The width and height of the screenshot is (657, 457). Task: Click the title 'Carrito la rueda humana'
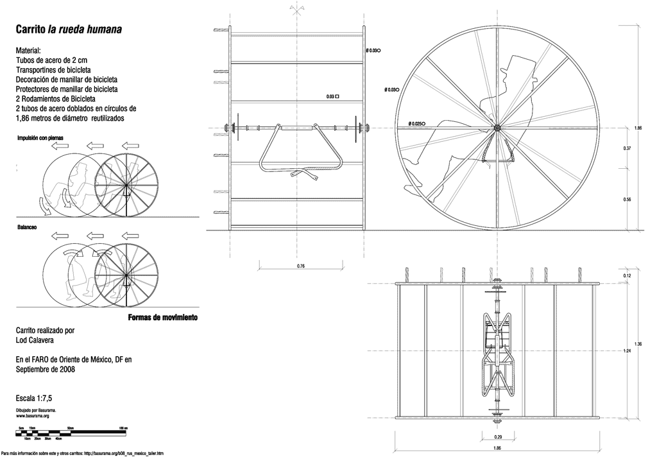69,30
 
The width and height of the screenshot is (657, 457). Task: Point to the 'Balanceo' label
26,227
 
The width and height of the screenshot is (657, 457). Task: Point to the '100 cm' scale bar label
123,427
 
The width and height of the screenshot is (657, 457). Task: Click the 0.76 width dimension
300,266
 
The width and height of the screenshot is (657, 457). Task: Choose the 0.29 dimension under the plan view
497,436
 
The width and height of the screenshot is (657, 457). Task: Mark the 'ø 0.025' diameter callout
416,123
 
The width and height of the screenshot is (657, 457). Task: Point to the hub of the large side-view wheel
497,127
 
